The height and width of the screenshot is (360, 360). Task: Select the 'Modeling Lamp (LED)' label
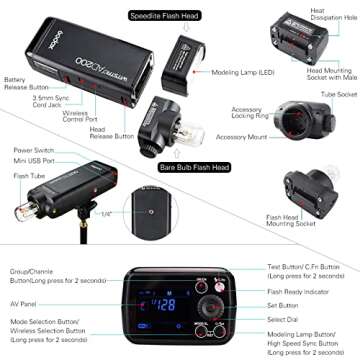point(244,73)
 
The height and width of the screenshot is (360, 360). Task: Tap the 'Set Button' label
point(286,293)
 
